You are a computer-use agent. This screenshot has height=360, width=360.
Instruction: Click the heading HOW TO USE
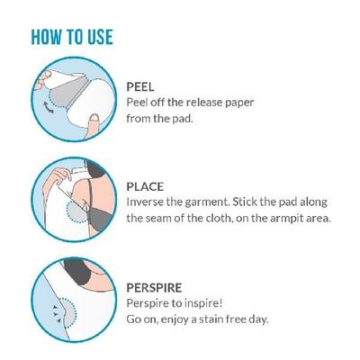point(72,38)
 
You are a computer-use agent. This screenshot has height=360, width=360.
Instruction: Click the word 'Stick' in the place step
point(254,202)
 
